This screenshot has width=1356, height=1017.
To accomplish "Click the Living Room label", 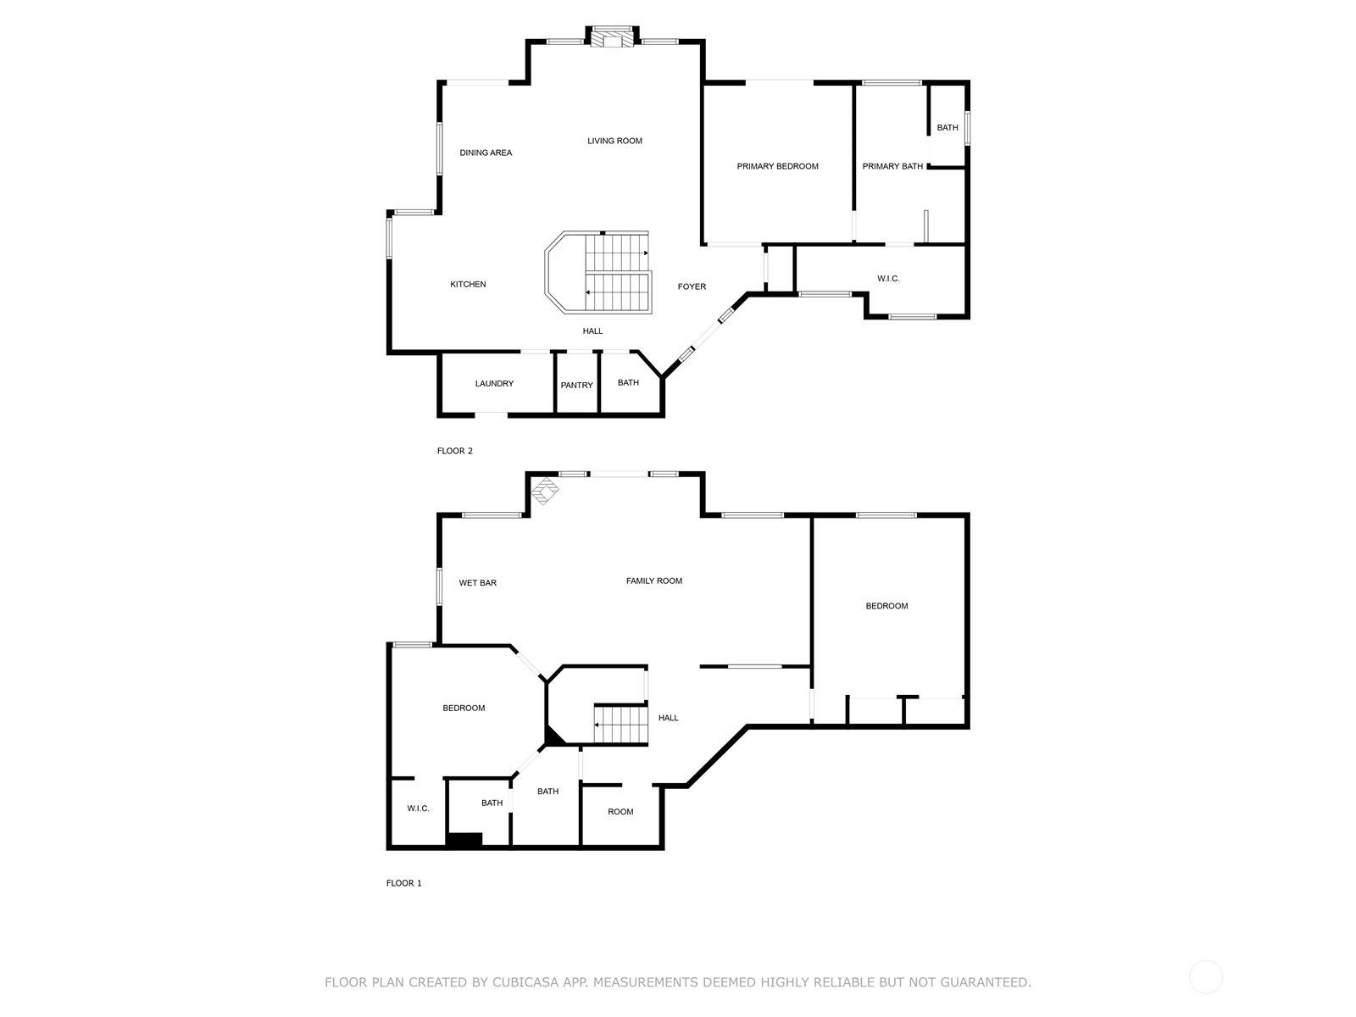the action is (x=614, y=141).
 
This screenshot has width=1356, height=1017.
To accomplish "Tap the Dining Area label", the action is (x=486, y=153).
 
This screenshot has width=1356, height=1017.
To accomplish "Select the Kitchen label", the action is (x=468, y=284).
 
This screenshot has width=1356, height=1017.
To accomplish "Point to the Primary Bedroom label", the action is (x=777, y=166).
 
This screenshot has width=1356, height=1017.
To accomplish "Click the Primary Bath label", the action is (x=892, y=166).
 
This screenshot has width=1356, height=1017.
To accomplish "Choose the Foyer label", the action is (x=692, y=286).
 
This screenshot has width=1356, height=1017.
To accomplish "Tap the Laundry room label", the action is (x=494, y=383).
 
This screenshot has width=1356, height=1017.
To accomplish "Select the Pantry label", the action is (x=576, y=386).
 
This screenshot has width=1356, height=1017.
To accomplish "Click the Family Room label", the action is (x=653, y=581).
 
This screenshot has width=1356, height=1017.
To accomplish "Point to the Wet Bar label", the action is (x=477, y=583).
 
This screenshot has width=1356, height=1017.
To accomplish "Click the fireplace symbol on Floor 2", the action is (x=612, y=37).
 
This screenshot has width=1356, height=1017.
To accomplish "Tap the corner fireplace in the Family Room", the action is (x=544, y=491).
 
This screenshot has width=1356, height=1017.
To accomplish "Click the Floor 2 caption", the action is (x=454, y=451).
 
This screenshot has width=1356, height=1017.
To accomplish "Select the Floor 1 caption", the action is (x=403, y=883).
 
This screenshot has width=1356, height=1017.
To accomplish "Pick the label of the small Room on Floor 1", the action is (x=620, y=812).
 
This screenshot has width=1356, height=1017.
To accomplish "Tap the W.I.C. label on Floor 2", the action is (x=887, y=279).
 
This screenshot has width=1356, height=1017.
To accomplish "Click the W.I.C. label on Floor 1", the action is (x=418, y=809).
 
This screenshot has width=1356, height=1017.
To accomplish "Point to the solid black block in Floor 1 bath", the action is (x=464, y=840).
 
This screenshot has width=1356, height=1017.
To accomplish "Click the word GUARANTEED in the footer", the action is (x=986, y=981).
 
